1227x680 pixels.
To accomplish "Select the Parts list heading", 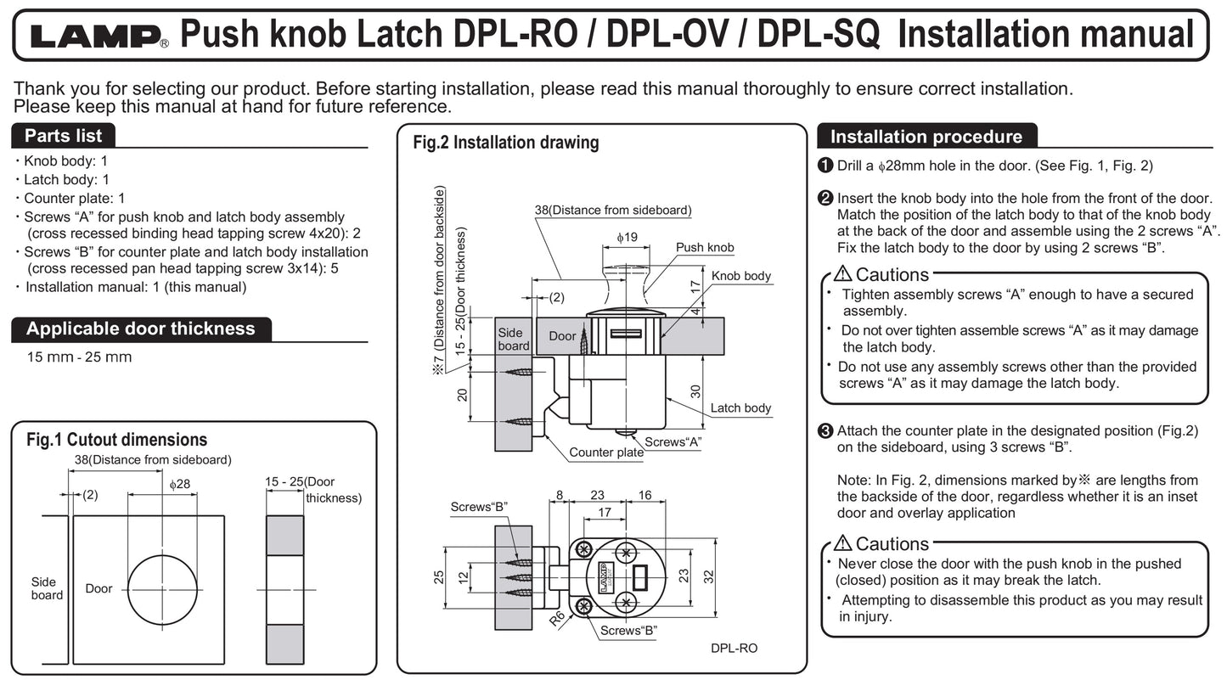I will point(63,136).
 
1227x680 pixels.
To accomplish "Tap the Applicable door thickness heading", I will point(140,329).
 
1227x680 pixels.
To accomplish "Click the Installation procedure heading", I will point(926,137).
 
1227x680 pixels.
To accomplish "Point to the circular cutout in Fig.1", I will point(163,589).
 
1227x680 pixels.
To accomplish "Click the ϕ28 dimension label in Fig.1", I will point(180,484).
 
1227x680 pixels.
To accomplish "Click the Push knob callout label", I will point(705,248).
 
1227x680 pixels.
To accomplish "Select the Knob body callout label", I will point(740,276).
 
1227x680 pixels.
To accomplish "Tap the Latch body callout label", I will point(740,408).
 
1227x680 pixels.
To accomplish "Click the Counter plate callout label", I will point(606,452).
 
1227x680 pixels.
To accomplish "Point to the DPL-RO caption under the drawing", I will point(734,649).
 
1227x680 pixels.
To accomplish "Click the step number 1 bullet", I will point(825,166).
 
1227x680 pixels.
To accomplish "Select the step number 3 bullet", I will point(825,430).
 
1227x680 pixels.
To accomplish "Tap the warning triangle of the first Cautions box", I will point(842,273).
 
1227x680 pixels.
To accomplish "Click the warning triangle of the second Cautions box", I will point(842,542).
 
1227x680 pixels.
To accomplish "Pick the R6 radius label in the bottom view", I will point(558,617).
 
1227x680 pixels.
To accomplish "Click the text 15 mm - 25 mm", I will point(79,357).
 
